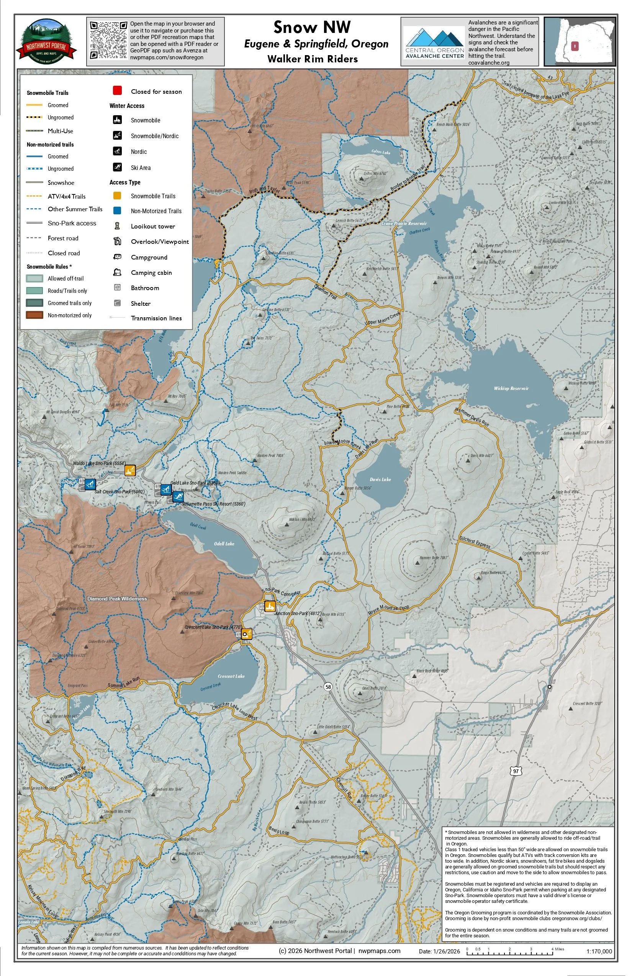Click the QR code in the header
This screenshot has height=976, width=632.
[108, 40]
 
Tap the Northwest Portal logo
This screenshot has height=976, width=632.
[46, 41]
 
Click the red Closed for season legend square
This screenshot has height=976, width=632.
[117, 91]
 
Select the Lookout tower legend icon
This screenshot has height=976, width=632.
[117, 226]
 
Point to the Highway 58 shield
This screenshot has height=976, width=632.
[328, 687]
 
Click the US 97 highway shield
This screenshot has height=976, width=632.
[516, 771]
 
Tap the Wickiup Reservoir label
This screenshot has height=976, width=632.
[511, 388]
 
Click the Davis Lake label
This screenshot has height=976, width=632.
[380, 479]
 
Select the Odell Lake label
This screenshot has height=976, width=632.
[224, 544]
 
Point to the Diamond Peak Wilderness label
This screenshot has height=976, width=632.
[117, 599]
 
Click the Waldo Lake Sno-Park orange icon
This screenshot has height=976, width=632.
[130, 470]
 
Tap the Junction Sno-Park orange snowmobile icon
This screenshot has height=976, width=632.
[270, 606]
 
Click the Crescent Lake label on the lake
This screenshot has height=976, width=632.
[231, 676]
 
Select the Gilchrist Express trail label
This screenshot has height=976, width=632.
[475, 542]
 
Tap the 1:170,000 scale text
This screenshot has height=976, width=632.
[599, 952]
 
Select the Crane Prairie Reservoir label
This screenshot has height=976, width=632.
[404, 224]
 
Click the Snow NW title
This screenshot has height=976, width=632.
[312, 28]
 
